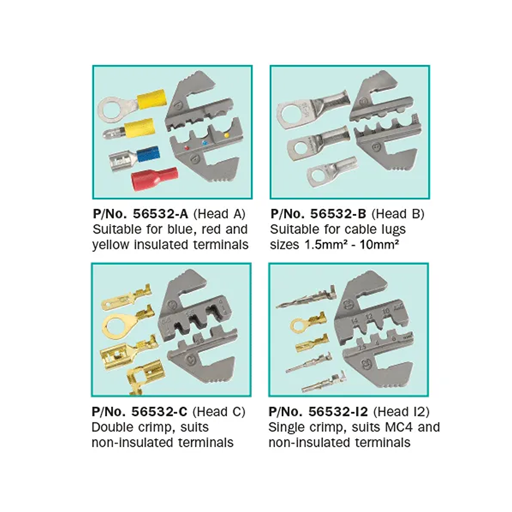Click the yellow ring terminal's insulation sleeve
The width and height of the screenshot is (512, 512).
[152, 99]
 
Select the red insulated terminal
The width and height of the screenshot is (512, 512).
[155, 179]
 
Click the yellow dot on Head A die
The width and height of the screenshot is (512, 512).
[226, 135]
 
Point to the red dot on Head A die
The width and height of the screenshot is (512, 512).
[187, 147]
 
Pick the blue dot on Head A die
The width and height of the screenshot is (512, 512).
[205, 143]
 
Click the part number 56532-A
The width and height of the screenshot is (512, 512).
[161, 214]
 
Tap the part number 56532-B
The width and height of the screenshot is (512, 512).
[338, 214]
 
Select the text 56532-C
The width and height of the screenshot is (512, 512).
[159, 412]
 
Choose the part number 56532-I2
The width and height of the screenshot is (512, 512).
[338, 412]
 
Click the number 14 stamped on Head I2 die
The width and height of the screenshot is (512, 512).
[354, 321]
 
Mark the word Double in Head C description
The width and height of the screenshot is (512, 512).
[112, 427]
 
